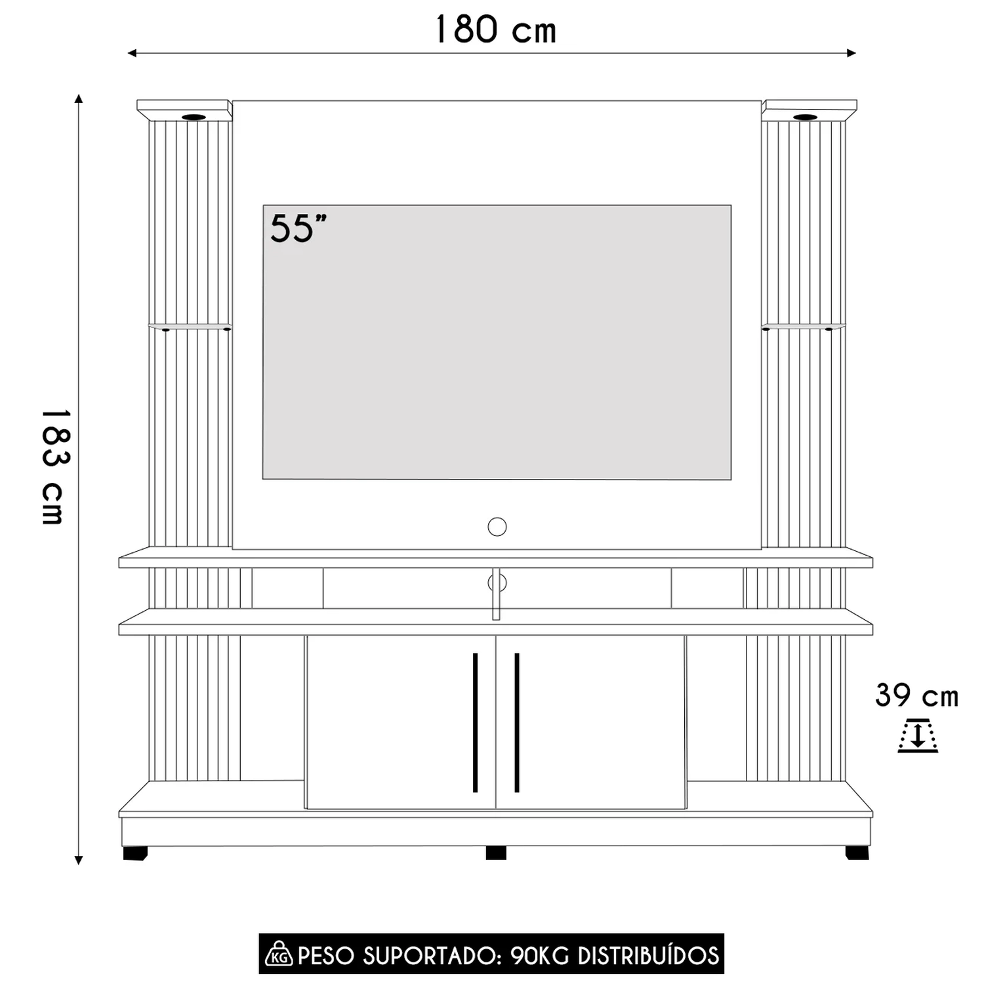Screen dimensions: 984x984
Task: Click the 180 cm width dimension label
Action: tap(496, 30)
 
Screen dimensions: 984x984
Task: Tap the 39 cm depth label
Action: tap(916, 695)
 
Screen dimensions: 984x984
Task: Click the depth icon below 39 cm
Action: tap(917, 735)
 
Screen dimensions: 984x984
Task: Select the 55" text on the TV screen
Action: tap(298, 229)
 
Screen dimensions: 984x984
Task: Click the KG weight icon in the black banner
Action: tap(279, 954)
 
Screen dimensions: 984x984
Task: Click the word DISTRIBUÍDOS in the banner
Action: tap(648, 955)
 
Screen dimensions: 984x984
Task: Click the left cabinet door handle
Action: tap(475, 722)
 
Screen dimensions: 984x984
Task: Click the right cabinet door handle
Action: tap(517, 722)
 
